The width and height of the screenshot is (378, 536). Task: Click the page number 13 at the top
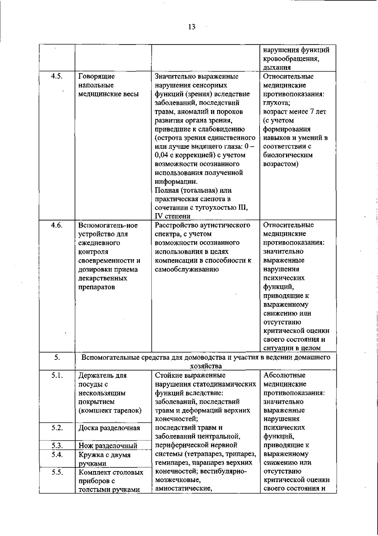[192, 27]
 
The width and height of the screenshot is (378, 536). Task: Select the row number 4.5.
[57, 76]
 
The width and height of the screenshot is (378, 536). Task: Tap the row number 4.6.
[57, 225]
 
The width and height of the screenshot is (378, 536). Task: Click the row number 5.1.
[57, 375]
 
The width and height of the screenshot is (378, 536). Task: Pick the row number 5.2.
[57, 428]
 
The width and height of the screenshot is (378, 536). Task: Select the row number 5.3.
[57, 446]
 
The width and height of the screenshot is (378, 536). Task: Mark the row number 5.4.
[57, 454]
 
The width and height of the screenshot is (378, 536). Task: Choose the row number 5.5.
[57, 472]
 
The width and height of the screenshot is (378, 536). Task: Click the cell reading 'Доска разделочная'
[109, 428]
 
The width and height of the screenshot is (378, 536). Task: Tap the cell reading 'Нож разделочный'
[108, 446]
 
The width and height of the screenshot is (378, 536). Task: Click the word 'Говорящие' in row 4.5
[96, 76]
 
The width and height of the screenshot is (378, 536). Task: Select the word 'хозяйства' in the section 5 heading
[206, 366]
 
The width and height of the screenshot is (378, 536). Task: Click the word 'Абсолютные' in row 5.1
[284, 375]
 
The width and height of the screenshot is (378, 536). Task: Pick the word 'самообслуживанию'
[187, 269]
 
